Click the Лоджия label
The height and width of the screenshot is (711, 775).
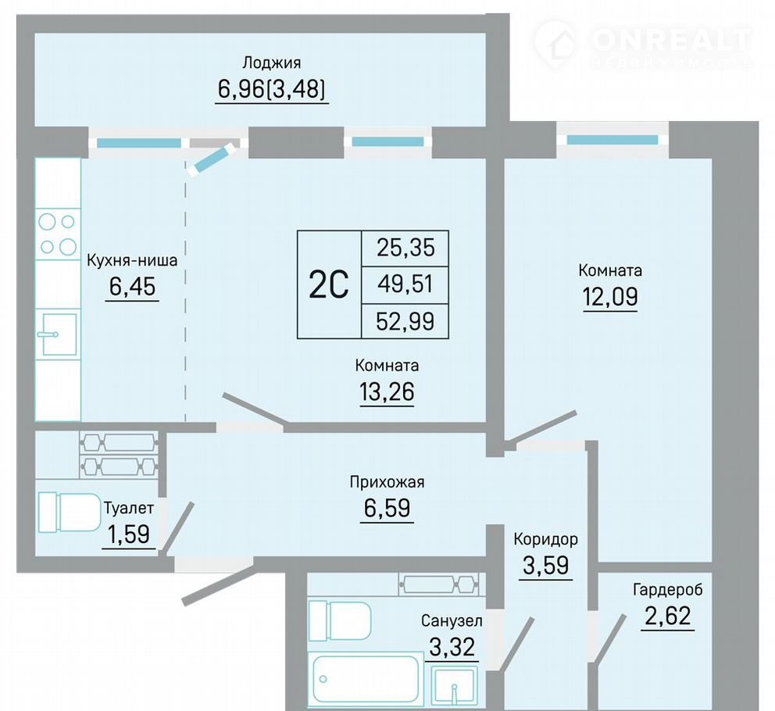tap(271, 63)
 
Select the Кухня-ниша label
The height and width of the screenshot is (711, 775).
tap(132, 260)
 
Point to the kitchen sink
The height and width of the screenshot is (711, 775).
tap(59, 334)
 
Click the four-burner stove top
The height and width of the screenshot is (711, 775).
tap(58, 234)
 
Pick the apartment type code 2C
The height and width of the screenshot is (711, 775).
tap(329, 285)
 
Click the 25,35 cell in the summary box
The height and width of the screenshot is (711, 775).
tap(405, 247)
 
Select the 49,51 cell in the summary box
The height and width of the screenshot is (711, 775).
tap(405, 284)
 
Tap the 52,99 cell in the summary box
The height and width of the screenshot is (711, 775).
tap(405, 321)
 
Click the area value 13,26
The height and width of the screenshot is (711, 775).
tap(387, 391)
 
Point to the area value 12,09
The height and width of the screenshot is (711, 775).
tap(610, 297)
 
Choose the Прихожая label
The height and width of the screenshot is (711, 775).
tap(387, 481)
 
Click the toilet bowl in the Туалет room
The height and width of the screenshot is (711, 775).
tap(70, 513)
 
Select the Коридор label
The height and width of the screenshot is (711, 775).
tap(545, 539)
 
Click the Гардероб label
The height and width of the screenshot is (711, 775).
tap(668, 589)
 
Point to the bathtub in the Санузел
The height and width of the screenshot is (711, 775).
tap(366, 678)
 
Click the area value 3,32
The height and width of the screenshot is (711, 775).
tap(452, 646)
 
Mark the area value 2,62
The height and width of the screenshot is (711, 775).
tap(668, 616)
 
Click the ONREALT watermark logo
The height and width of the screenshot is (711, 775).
tap(642, 44)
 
